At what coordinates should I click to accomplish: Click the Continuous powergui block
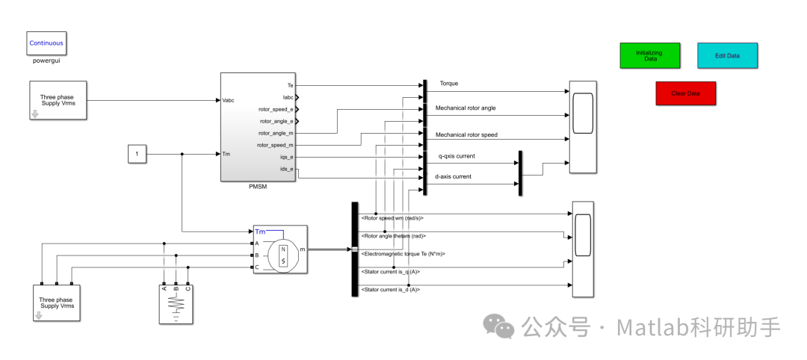[x=46, y=43]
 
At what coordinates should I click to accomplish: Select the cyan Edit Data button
[x=727, y=55]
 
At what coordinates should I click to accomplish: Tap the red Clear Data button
[x=685, y=93]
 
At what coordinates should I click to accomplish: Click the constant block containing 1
[x=136, y=155]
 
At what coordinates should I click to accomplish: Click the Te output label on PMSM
[x=290, y=85]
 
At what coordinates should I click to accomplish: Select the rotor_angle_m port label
[x=276, y=133]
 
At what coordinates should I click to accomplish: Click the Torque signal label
[x=449, y=83]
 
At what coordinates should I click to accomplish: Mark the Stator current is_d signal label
[x=390, y=289]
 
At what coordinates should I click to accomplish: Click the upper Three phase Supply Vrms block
[x=58, y=100]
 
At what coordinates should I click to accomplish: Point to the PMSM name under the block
[x=258, y=187]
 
